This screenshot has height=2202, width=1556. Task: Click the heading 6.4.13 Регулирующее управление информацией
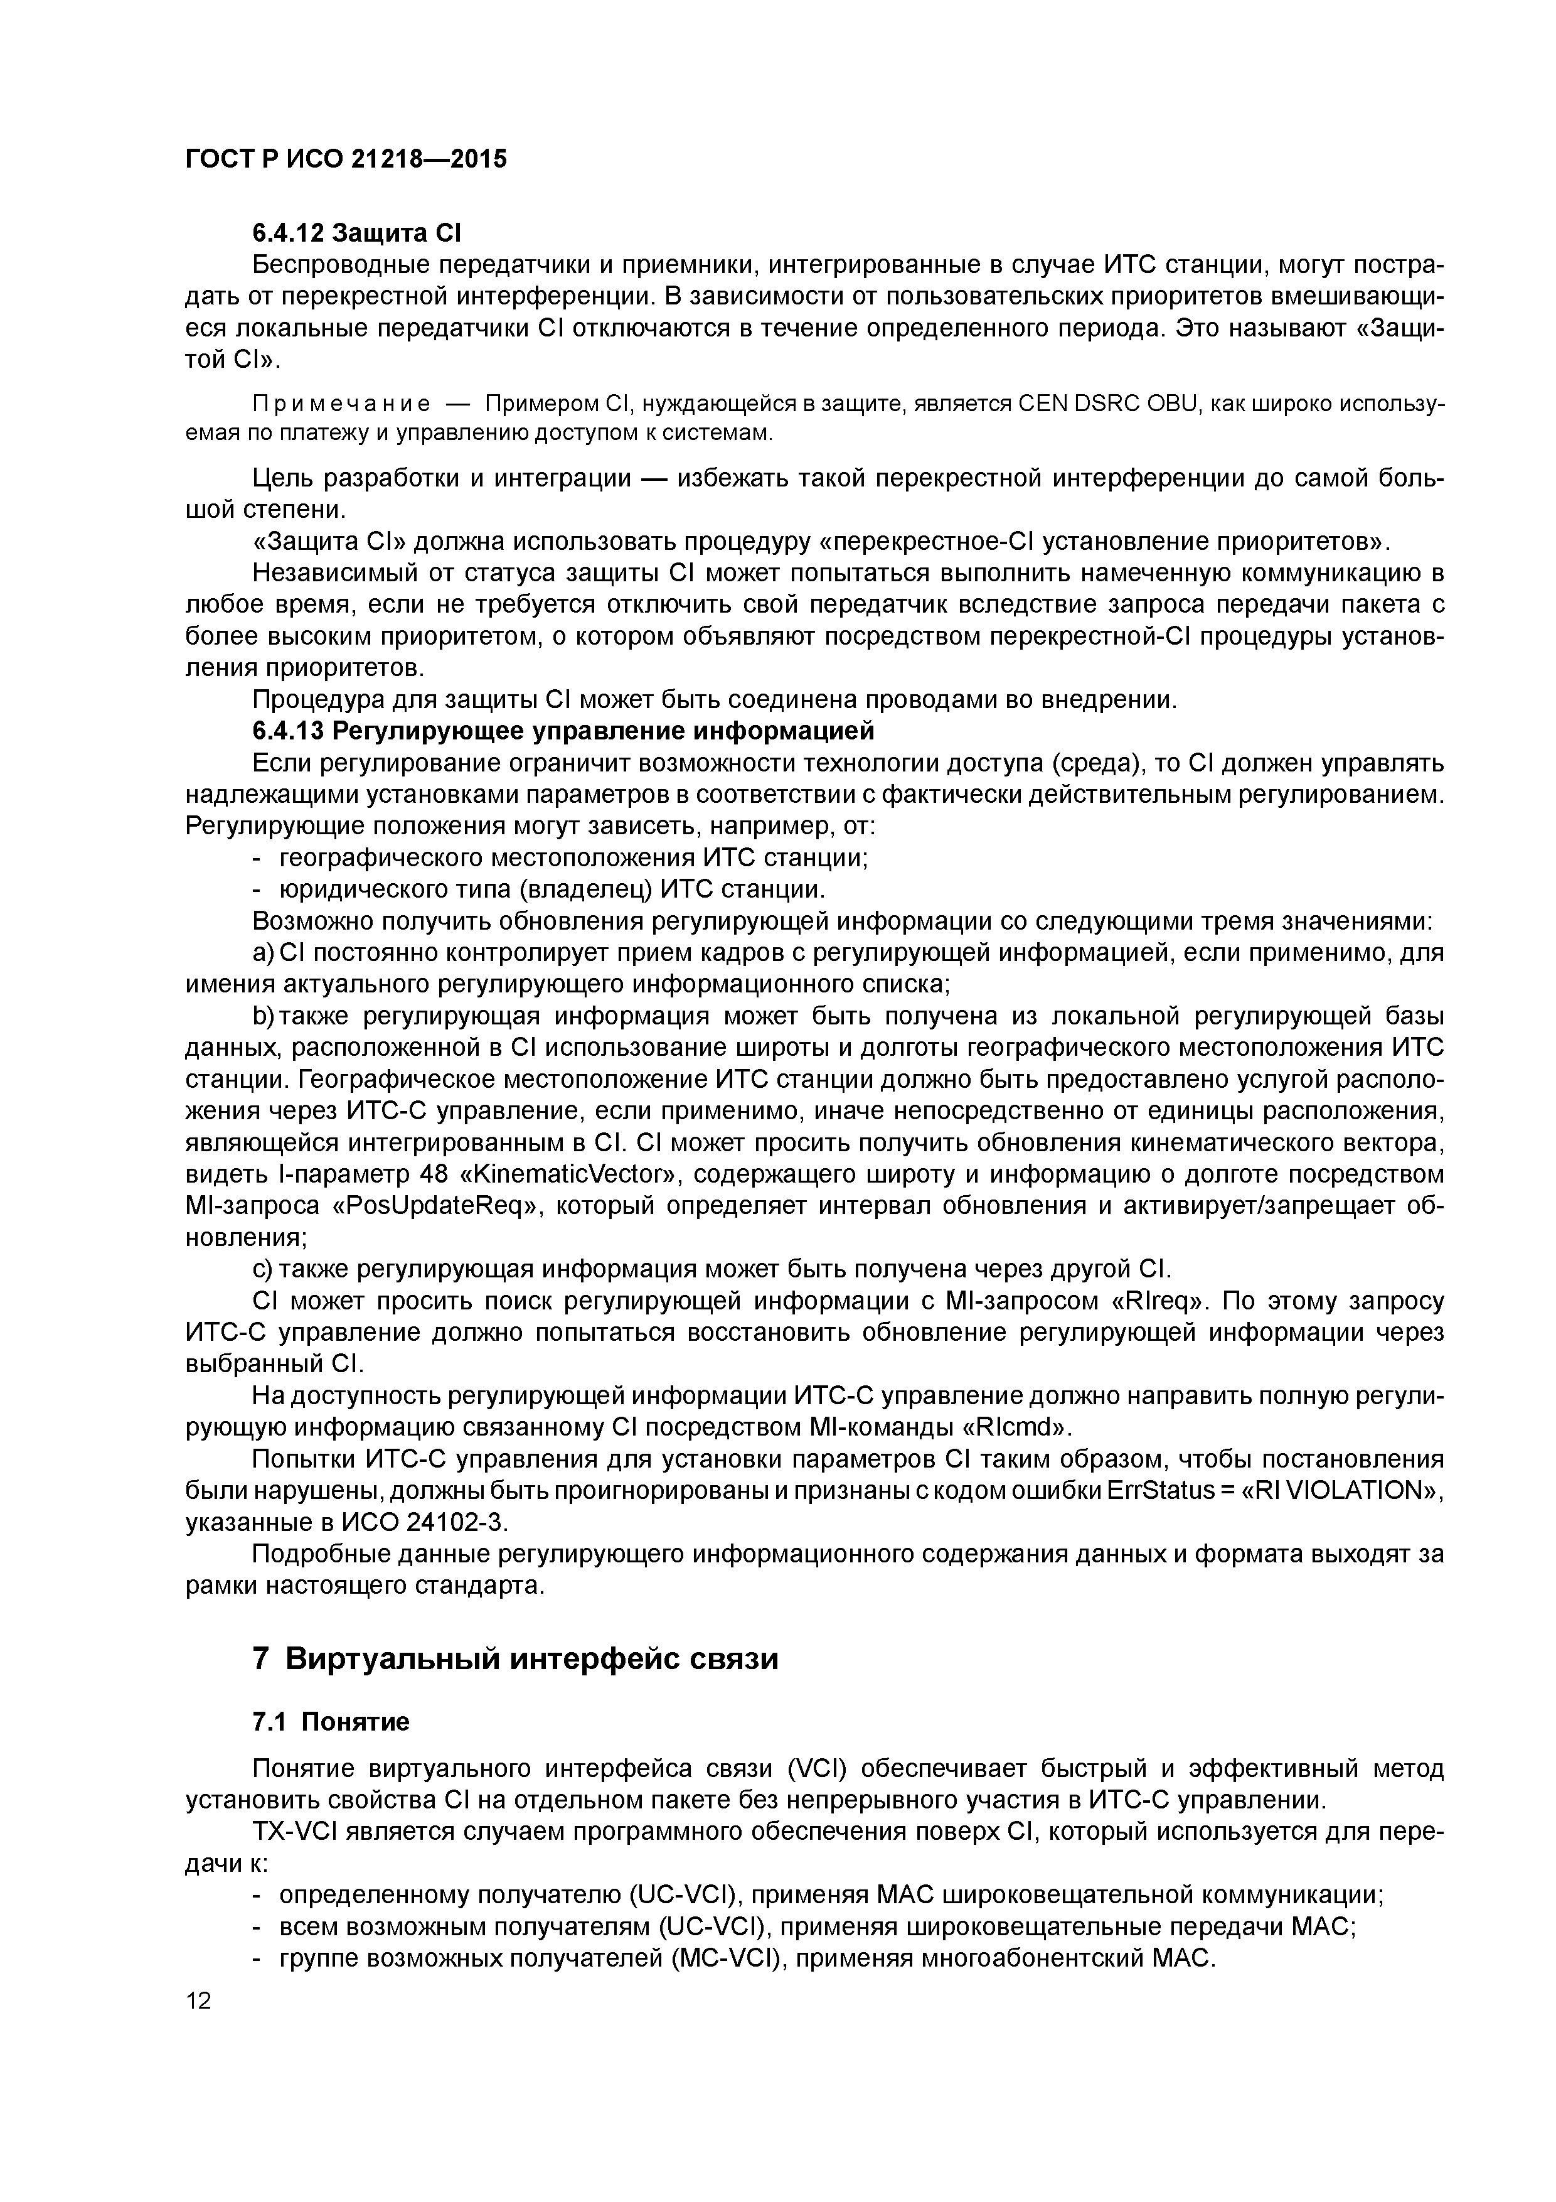coord(563,732)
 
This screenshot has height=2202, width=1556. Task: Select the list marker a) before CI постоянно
coord(263,953)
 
